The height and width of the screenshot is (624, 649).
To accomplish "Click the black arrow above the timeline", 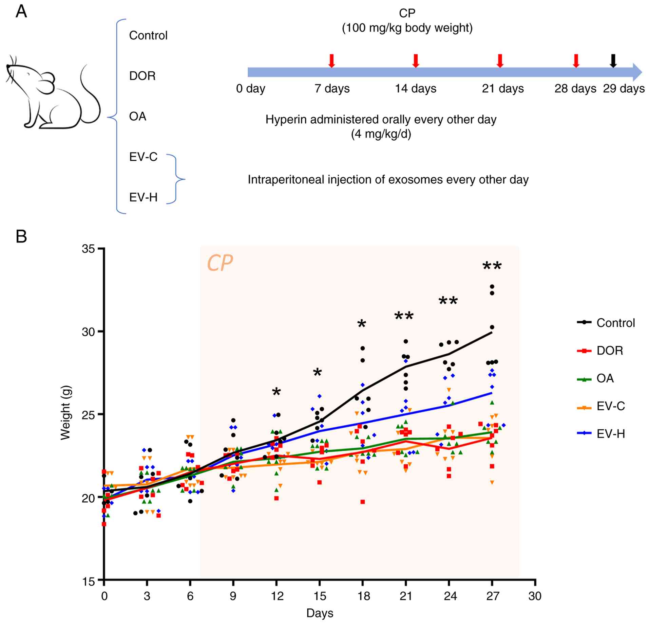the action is [x=613, y=60].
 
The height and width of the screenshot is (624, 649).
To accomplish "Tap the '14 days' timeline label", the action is [x=416, y=89].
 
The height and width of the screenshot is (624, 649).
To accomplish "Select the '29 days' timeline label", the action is [x=624, y=89].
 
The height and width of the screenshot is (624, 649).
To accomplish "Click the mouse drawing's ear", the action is [x=47, y=82].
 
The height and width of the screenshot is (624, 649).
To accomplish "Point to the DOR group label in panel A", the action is [x=142, y=76].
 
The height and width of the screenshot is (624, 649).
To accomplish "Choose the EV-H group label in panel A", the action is [x=143, y=197].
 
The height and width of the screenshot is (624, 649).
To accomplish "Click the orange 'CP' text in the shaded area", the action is [x=220, y=263].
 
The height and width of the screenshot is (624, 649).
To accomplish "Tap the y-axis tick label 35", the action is [x=88, y=249].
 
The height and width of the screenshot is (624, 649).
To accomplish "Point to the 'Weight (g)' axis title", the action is [x=65, y=412].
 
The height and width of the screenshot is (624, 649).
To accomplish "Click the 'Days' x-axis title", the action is [x=320, y=613].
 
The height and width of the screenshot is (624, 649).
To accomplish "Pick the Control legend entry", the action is [x=606, y=322].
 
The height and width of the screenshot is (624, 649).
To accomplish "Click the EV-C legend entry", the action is [x=601, y=406].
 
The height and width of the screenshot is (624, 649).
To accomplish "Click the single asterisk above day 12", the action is [x=276, y=392].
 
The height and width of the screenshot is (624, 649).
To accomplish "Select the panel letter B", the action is [x=21, y=236].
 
